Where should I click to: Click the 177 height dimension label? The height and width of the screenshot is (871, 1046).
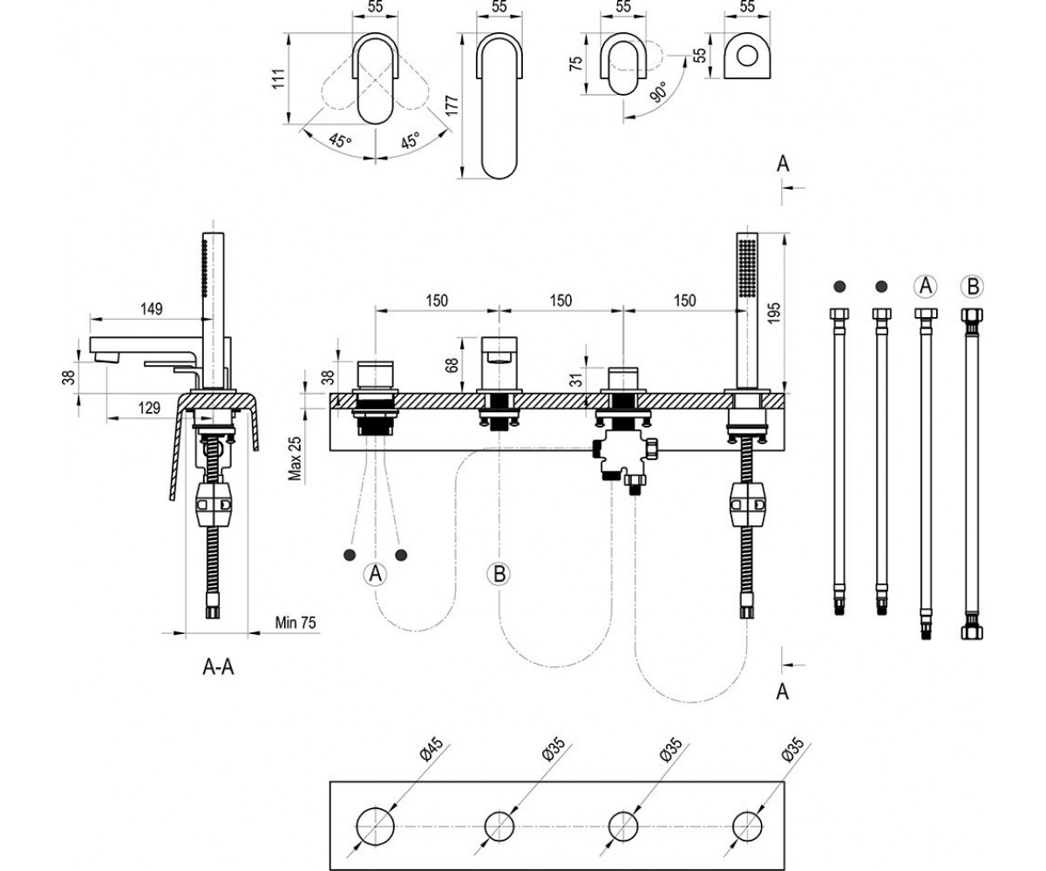click(x=452, y=105)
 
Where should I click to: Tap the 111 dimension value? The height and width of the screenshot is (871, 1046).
click(x=279, y=78)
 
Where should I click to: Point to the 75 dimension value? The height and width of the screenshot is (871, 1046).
click(x=576, y=63)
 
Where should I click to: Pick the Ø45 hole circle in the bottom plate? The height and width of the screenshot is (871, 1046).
click(x=375, y=826)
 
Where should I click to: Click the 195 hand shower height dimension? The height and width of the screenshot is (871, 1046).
click(x=774, y=313)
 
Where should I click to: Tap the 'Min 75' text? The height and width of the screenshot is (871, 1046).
click(x=295, y=622)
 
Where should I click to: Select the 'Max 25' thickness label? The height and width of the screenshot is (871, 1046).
click(x=295, y=458)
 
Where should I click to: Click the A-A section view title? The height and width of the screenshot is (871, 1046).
click(x=218, y=667)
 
